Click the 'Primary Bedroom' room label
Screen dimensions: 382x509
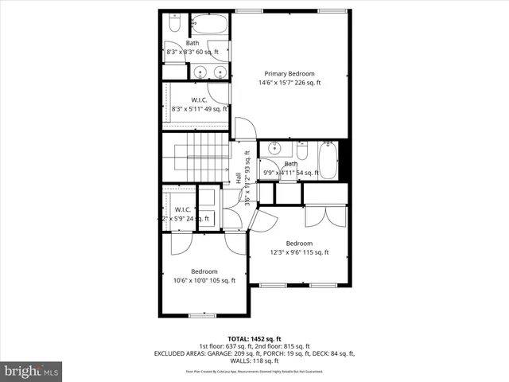(289, 72)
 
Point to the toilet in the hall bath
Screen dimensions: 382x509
(303, 151)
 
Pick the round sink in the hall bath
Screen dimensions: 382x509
(275, 149)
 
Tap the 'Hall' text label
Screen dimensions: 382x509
(239, 178)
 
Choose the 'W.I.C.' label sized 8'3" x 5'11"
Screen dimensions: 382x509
(199, 100)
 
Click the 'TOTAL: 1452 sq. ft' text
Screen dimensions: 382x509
(254, 338)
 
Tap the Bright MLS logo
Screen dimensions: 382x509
(32, 370)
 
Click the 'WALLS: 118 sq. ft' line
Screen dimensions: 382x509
(254, 361)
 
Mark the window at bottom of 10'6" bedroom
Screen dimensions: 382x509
(202, 315)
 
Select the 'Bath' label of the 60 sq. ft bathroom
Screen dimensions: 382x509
(192, 43)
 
